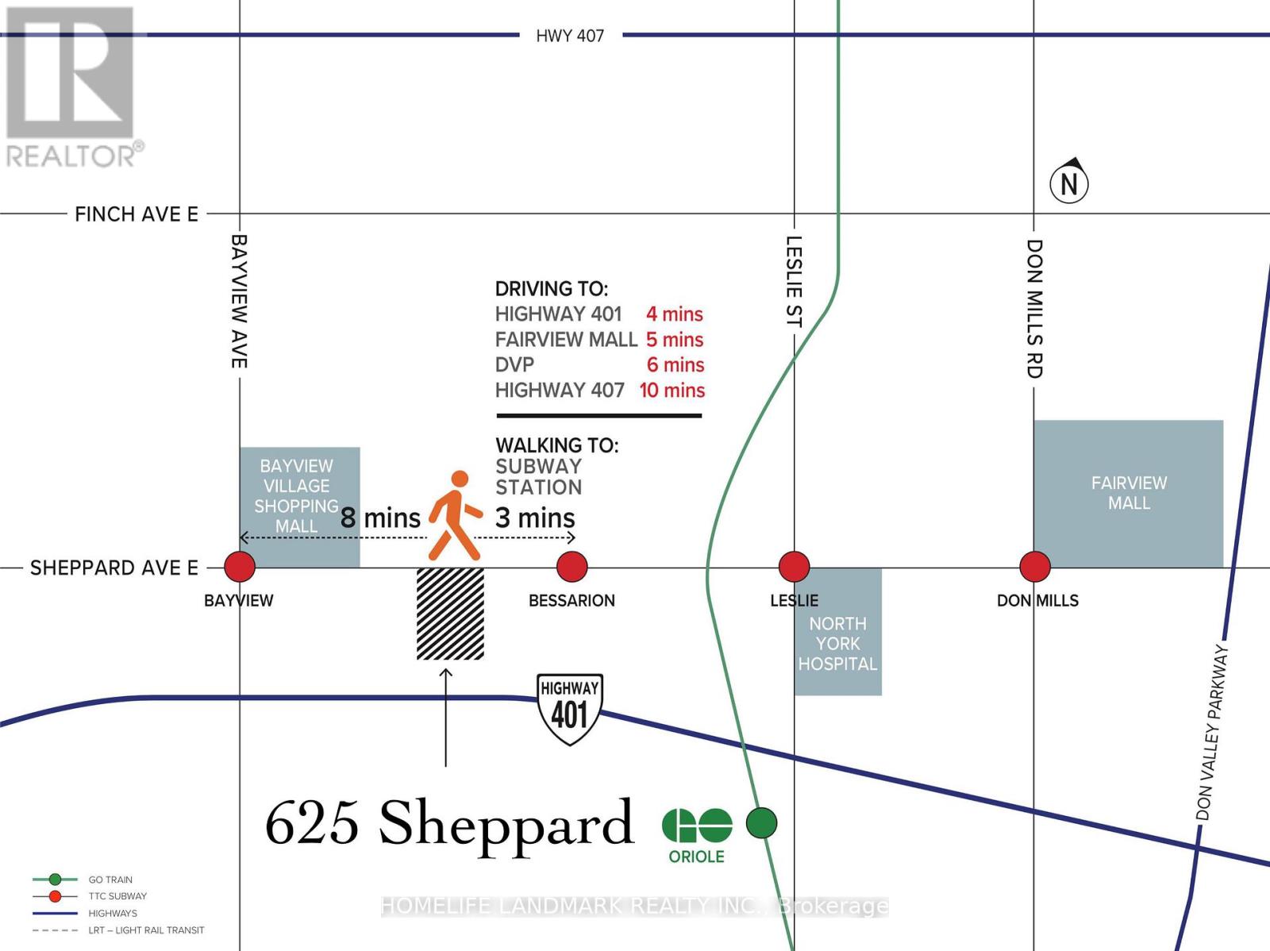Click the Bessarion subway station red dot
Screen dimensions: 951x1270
(x=571, y=567)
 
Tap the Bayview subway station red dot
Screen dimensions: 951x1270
(x=240, y=567)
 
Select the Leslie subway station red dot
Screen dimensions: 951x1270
(x=794, y=567)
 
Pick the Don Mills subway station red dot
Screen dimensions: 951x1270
(x=1034, y=567)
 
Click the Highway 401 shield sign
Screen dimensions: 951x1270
(x=570, y=709)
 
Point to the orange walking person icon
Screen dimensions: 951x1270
(x=455, y=516)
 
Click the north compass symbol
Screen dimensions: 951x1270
(x=1069, y=182)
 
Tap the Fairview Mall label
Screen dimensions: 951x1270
(x=1129, y=493)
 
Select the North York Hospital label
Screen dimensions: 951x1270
(x=837, y=644)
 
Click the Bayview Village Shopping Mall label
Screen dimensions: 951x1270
(x=296, y=496)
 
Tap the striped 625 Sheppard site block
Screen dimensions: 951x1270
(x=450, y=614)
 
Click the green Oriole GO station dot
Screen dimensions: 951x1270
(x=761, y=823)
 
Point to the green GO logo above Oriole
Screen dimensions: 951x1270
(x=697, y=826)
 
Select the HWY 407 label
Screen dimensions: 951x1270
(x=570, y=36)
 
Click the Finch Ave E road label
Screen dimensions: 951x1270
(x=137, y=214)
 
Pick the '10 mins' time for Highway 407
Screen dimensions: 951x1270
(x=672, y=391)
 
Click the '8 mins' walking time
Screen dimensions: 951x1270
(x=380, y=518)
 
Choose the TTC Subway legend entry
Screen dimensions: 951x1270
(x=117, y=896)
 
